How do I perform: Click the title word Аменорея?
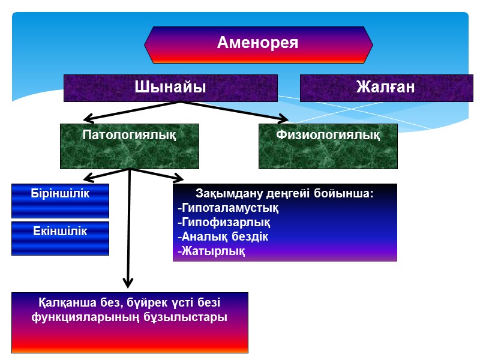click(x=258, y=43)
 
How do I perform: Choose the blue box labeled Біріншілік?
click(x=60, y=193)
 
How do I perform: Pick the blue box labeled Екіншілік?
click(x=60, y=231)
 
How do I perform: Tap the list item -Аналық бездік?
click(x=223, y=236)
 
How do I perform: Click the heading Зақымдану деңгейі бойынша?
click(x=284, y=194)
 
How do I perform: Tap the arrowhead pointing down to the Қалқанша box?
click(x=127, y=282)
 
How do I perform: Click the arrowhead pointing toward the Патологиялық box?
click(x=88, y=118)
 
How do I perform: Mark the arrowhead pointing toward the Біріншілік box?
click(x=88, y=177)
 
